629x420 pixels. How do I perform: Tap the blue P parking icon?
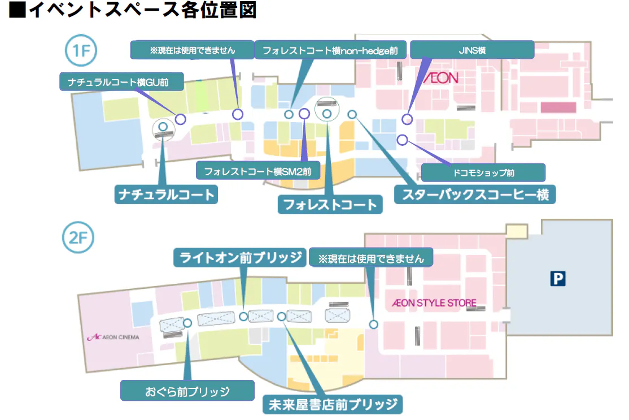pyautogui.click(x=558, y=278)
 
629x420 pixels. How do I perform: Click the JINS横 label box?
pyautogui.click(x=472, y=50)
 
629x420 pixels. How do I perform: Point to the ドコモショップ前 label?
pyautogui.click(x=483, y=172)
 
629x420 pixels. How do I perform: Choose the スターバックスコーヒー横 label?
pyautogui.click(x=475, y=194)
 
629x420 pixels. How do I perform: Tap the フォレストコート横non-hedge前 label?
pyautogui.click(x=330, y=50)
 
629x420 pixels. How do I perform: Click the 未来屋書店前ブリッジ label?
pyautogui.click(x=333, y=404)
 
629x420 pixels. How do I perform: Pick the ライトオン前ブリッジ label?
pyautogui.click(x=240, y=258)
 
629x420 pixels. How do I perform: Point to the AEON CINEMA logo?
pyautogui.click(x=113, y=337)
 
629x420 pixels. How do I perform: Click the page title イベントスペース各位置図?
pyautogui.click(x=133, y=11)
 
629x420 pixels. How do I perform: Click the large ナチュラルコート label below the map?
pyautogui.click(x=166, y=194)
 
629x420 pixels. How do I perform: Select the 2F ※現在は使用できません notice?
pyautogui.click(x=371, y=258)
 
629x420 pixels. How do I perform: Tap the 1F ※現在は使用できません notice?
pyautogui.click(x=192, y=50)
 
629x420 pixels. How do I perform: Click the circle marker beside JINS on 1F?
pyautogui.click(x=407, y=119)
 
